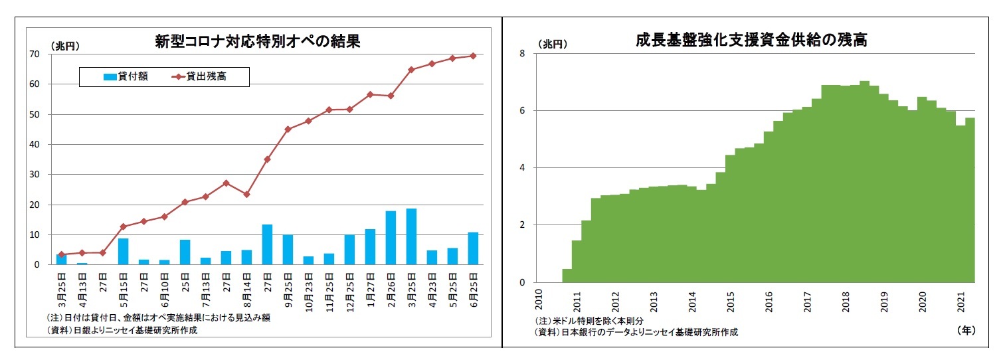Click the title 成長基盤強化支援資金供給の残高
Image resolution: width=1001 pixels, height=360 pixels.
click(751, 40)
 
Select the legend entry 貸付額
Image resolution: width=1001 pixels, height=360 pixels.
click(126, 76)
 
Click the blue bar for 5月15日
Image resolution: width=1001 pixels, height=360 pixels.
click(123, 251)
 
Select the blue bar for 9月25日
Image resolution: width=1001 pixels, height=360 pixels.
click(288, 250)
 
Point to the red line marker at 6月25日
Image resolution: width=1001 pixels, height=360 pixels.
click(473, 56)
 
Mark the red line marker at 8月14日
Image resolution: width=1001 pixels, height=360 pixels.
click(246, 195)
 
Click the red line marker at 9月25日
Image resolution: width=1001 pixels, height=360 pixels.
click(288, 130)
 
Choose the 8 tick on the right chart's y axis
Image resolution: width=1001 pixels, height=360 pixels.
click(522, 53)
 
